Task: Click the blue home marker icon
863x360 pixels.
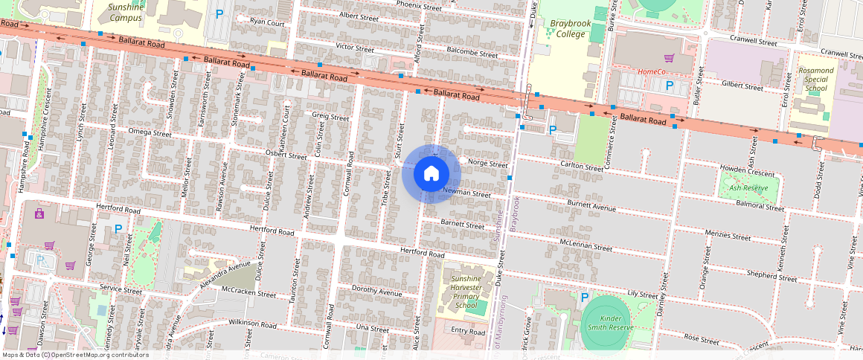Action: pyautogui.click(x=431, y=174)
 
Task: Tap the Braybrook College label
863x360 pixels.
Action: pyautogui.click(x=571, y=28)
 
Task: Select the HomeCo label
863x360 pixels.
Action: pyautogui.click(x=651, y=72)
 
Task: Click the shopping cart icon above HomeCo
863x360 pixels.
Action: pyautogui.click(x=668, y=58)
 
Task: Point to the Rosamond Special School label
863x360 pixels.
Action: pyautogui.click(x=816, y=79)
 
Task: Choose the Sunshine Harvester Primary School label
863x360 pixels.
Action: pyautogui.click(x=466, y=292)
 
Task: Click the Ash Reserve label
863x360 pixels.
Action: pyautogui.click(x=748, y=188)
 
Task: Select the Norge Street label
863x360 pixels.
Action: pyautogui.click(x=487, y=164)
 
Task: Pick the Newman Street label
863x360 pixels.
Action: pyautogui.click(x=467, y=193)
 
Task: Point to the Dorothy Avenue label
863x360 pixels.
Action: pyautogui.click(x=376, y=292)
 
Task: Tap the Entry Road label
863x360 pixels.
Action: pyautogui.click(x=468, y=332)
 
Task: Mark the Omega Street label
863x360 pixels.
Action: pyautogui.click(x=150, y=133)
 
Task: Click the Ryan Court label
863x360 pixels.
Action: pyautogui.click(x=267, y=22)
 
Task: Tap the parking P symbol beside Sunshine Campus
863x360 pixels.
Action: pyautogui.click(x=219, y=13)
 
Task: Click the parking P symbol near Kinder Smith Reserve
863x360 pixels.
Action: pyautogui.click(x=584, y=297)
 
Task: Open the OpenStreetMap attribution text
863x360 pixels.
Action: pyautogui.click(x=75, y=355)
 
